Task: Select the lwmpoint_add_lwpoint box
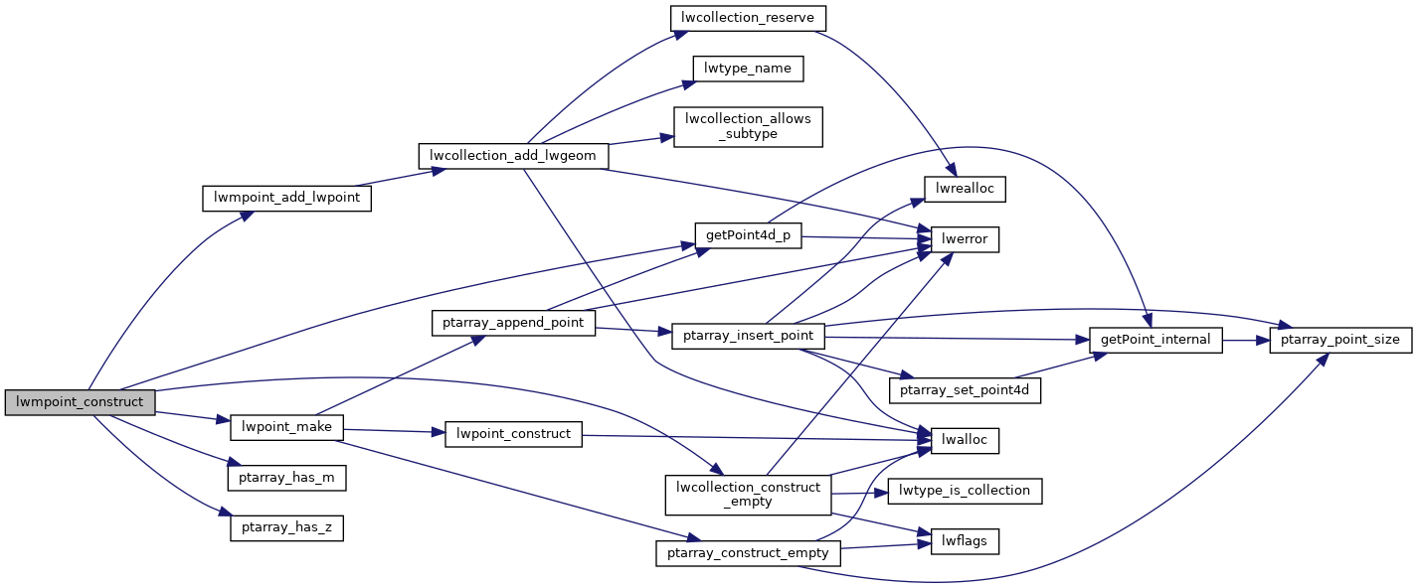point(286,198)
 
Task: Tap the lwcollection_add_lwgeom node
point(513,156)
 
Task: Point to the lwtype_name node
point(748,69)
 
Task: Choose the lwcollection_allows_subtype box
point(748,126)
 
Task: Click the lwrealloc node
point(966,188)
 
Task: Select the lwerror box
point(965,239)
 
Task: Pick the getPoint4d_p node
point(748,235)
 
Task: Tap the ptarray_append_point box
point(513,323)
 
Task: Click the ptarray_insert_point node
point(748,336)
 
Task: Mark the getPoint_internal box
point(1155,340)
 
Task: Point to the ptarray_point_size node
point(1339,340)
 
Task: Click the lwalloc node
point(965,438)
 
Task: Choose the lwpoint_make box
point(286,428)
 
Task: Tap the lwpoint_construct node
point(513,434)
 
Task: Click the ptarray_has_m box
point(286,478)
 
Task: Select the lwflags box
point(965,541)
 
